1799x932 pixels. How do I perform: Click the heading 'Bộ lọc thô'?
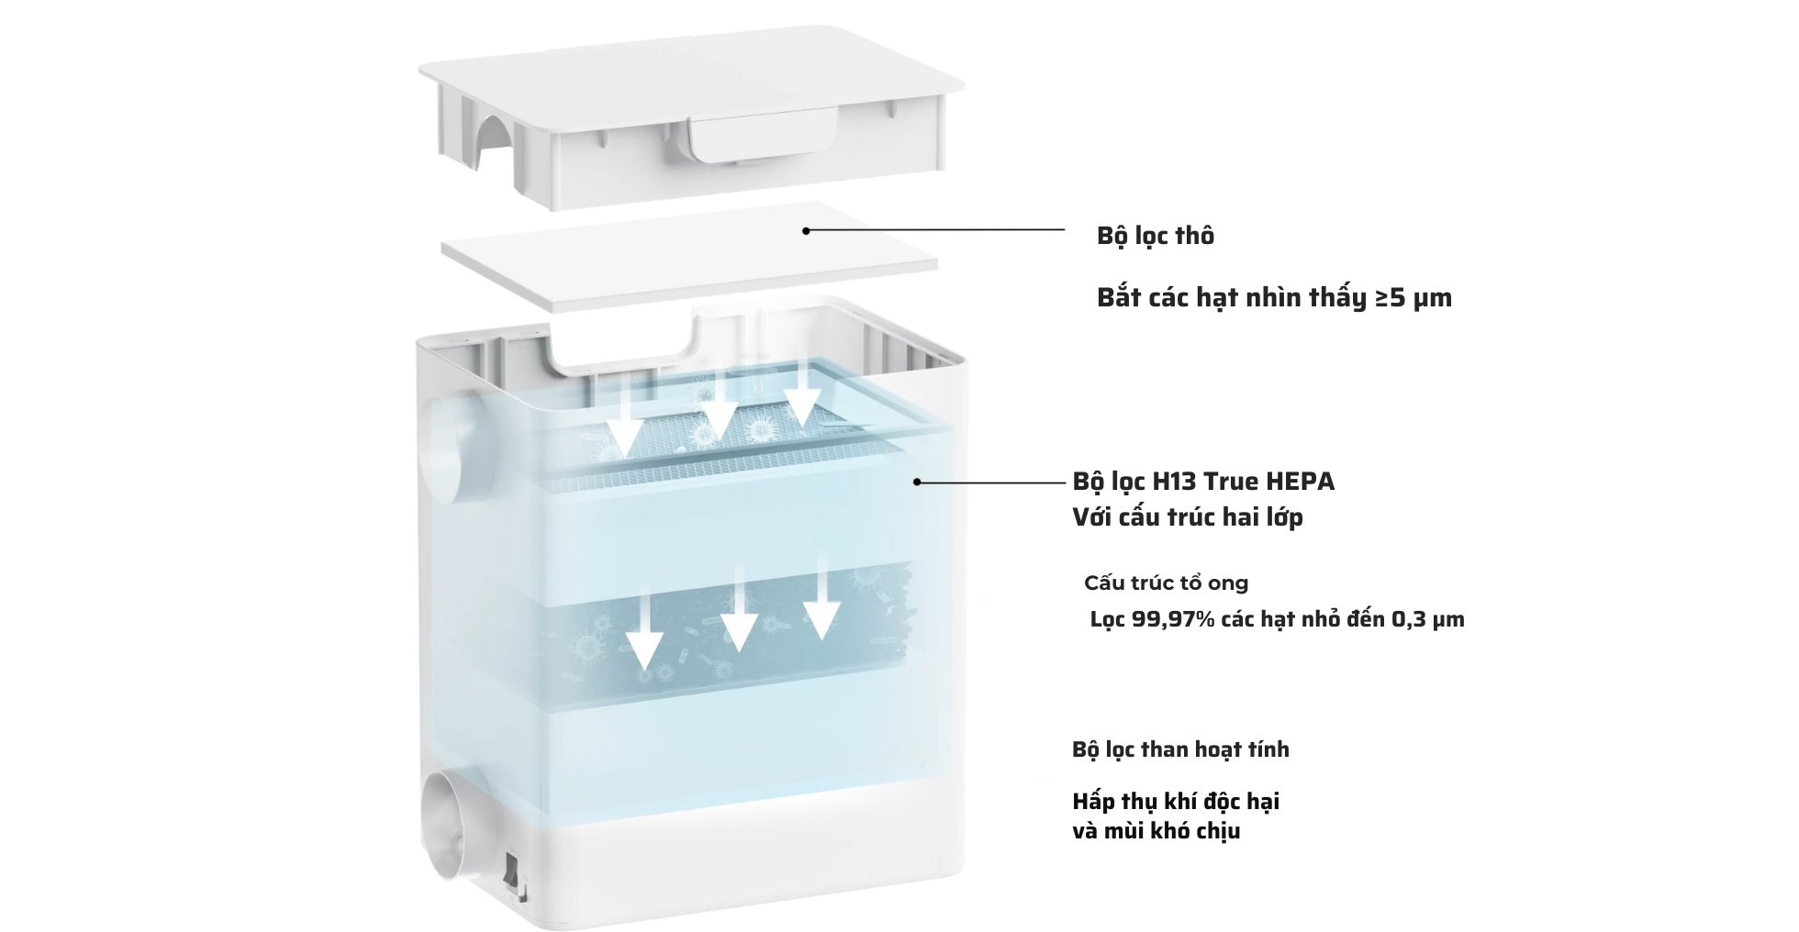coord(1155,236)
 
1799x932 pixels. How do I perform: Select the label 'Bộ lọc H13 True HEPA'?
coord(1203,482)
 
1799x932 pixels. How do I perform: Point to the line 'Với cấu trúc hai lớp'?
coord(1188,517)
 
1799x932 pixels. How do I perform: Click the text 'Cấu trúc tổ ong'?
coord(1166,583)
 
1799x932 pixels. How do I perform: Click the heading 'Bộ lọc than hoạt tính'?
coord(1180,749)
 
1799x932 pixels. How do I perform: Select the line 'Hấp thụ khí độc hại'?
coord(1176,802)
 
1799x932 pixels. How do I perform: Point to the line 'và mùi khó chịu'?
coord(1156,831)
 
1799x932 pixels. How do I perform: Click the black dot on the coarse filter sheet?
coord(806,230)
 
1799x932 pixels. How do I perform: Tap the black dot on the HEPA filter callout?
coord(916,482)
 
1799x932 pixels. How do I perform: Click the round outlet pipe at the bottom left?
coord(447,819)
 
